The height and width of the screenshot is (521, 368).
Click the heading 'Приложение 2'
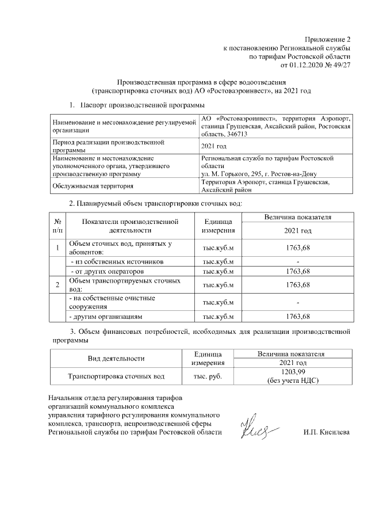point(327,39)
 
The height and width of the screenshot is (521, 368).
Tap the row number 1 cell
point(57,248)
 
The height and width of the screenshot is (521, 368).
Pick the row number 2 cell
point(57,285)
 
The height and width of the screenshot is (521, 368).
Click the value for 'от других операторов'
point(298,271)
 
